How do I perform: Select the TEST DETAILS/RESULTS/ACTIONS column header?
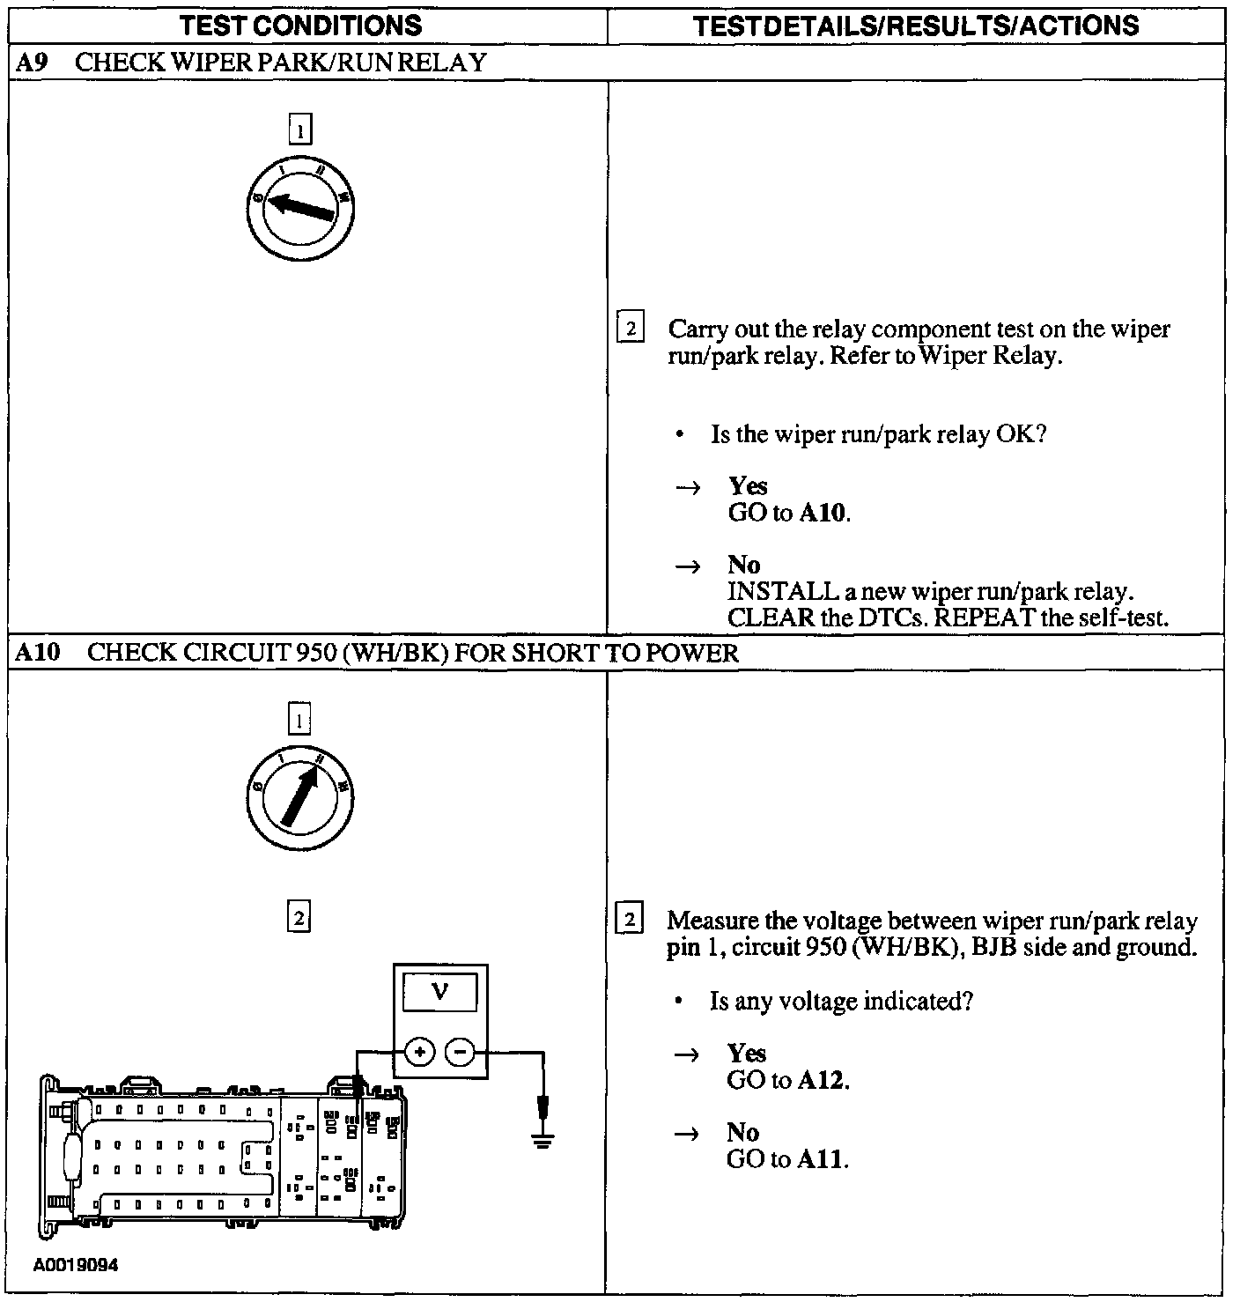click(916, 25)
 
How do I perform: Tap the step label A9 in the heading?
click(32, 63)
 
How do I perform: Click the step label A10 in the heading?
click(36, 653)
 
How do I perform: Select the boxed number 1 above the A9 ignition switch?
click(300, 130)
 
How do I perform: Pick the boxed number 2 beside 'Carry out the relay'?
click(630, 329)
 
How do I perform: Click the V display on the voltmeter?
click(439, 993)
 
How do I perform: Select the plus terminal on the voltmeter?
click(419, 1052)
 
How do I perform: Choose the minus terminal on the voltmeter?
click(460, 1052)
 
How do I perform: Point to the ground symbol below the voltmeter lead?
click(543, 1140)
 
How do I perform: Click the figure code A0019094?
click(77, 1265)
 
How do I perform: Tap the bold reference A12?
click(822, 1080)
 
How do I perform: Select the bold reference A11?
click(822, 1159)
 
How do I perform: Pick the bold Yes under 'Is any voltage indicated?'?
click(746, 1054)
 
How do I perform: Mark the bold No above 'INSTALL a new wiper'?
click(744, 565)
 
